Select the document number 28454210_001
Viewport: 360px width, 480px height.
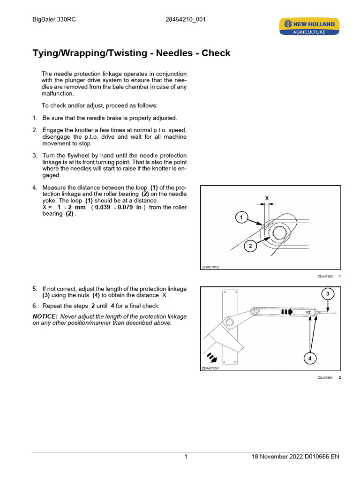point(185,20)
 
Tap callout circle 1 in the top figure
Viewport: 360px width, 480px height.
point(240,217)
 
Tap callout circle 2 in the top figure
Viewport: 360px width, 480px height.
point(250,246)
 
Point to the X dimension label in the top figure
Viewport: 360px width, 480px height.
point(267,198)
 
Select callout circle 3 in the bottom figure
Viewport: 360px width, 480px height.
point(327,294)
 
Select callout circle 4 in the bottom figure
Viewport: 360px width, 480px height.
point(309,359)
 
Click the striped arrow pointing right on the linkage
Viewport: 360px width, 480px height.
point(286,311)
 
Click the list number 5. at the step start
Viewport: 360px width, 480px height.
point(35,289)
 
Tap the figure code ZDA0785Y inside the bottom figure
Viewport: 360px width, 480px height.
point(210,368)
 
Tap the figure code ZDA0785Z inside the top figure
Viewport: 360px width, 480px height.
point(210,267)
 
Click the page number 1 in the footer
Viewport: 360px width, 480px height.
point(186,457)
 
